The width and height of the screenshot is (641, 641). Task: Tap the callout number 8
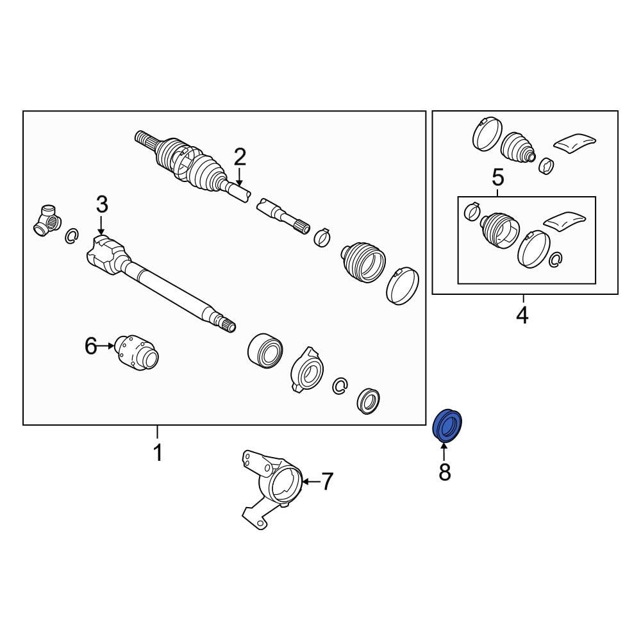[444, 472]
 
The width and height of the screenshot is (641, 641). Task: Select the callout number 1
[158, 452]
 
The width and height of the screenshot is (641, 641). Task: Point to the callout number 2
[240, 158]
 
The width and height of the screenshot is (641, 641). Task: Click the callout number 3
[102, 204]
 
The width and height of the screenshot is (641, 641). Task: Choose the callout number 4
[522, 315]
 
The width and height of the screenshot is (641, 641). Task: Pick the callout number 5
[498, 178]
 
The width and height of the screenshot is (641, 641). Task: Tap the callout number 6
[91, 346]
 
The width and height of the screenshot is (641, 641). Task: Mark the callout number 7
[327, 481]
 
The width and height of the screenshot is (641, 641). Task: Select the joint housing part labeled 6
[137, 353]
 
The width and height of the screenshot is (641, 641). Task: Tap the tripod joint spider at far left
[47, 221]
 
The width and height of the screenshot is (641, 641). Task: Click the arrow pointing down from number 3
[101, 225]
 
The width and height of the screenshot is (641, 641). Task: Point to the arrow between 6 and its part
[106, 346]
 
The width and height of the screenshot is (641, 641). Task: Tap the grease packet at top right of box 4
[574, 143]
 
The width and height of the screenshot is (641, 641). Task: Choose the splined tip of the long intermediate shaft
[228, 324]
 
